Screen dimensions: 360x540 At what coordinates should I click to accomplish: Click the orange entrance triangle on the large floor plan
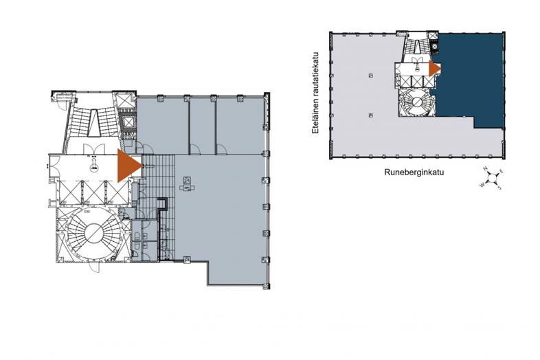click(128, 166)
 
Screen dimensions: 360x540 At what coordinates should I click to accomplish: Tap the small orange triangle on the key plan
click(434, 68)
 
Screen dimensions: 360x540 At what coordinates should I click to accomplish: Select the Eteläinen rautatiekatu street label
click(317, 93)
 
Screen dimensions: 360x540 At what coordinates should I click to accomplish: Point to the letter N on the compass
click(485, 169)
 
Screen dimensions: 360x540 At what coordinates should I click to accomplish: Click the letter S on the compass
click(499, 188)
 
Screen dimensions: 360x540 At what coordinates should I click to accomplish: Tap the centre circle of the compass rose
click(492, 178)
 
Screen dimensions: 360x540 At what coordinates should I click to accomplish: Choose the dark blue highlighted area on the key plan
click(471, 79)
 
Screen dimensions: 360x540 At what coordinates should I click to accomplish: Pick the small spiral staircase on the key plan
click(415, 104)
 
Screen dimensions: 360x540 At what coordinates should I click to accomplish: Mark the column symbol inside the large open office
click(187, 183)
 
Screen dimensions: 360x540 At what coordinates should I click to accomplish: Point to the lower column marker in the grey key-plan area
click(371, 115)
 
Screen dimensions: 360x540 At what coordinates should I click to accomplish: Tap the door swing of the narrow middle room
click(195, 148)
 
